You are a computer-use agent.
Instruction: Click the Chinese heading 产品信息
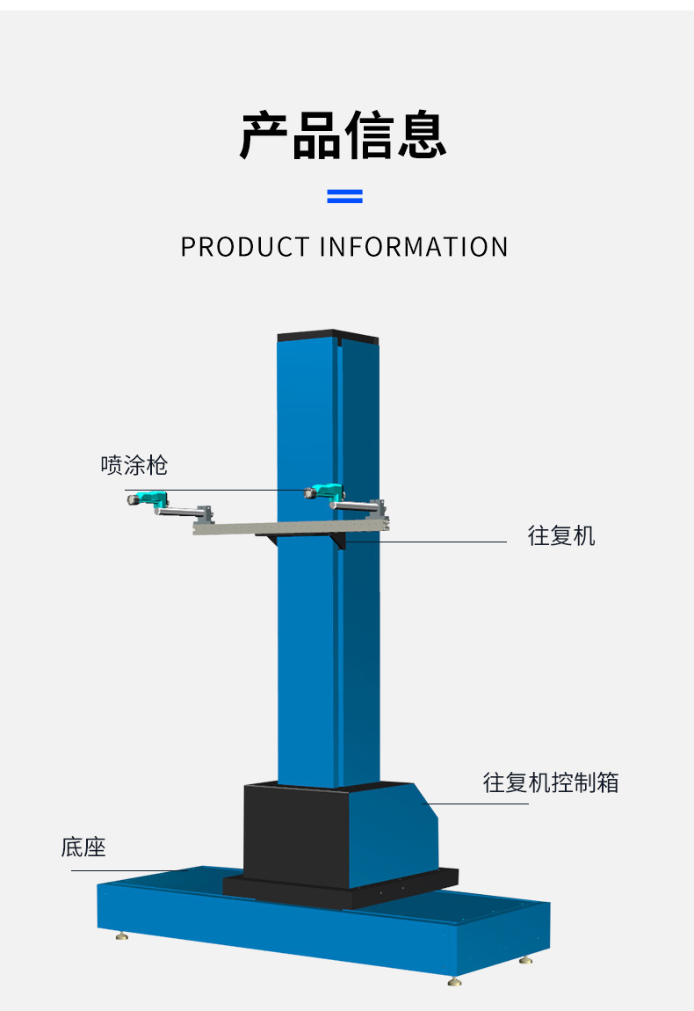pos(343,135)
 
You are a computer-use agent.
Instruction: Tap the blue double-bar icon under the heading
pos(344,195)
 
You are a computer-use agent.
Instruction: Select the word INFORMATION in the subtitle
pos(414,247)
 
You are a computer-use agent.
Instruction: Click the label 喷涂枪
pos(134,464)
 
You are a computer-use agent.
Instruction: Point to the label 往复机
pos(560,535)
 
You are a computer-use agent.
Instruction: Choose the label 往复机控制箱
pos(551,782)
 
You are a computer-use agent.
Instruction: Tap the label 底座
pos(83,847)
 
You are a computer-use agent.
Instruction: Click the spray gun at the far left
pos(146,498)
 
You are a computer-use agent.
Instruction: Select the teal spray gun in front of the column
pos(322,491)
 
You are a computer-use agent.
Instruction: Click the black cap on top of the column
pos(328,336)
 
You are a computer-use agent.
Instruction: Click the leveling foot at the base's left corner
pos(121,935)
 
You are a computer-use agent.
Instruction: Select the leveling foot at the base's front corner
pos(454,981)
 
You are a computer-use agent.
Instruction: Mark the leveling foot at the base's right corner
pos(525,960)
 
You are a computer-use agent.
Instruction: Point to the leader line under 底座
pos(123,871)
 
